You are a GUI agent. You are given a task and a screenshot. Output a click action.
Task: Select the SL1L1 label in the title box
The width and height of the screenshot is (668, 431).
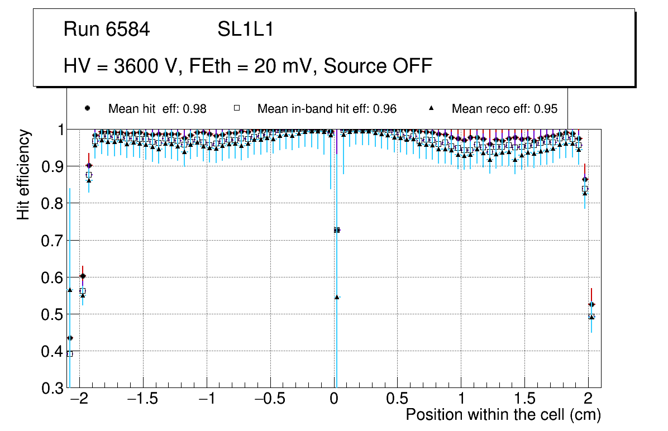click(245, 30)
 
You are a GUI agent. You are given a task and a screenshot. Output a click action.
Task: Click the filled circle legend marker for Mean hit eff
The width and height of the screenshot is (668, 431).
click(87, 108)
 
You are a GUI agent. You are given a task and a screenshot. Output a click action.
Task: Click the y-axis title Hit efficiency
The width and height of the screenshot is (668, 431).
click(23, 174)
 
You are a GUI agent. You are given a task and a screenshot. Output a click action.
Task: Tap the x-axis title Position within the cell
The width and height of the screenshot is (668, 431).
click(503, 415)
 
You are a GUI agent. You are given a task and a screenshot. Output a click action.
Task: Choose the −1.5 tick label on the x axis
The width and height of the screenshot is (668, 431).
click(143, 400)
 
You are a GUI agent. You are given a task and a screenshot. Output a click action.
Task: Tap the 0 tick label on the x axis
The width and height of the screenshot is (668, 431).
click(334, 400)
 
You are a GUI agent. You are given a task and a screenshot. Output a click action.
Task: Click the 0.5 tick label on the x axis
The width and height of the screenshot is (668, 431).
click(397, 400)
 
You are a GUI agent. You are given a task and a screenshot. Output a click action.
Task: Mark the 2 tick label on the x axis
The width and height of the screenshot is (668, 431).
click(588, 400)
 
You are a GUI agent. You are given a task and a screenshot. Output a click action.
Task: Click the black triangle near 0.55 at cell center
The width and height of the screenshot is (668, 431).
click(337, 297)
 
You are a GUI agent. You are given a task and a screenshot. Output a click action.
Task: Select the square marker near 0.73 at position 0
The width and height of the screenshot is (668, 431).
click(337, 230)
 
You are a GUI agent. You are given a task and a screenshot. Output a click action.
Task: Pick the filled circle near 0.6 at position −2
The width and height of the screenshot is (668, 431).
click(83, 276)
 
